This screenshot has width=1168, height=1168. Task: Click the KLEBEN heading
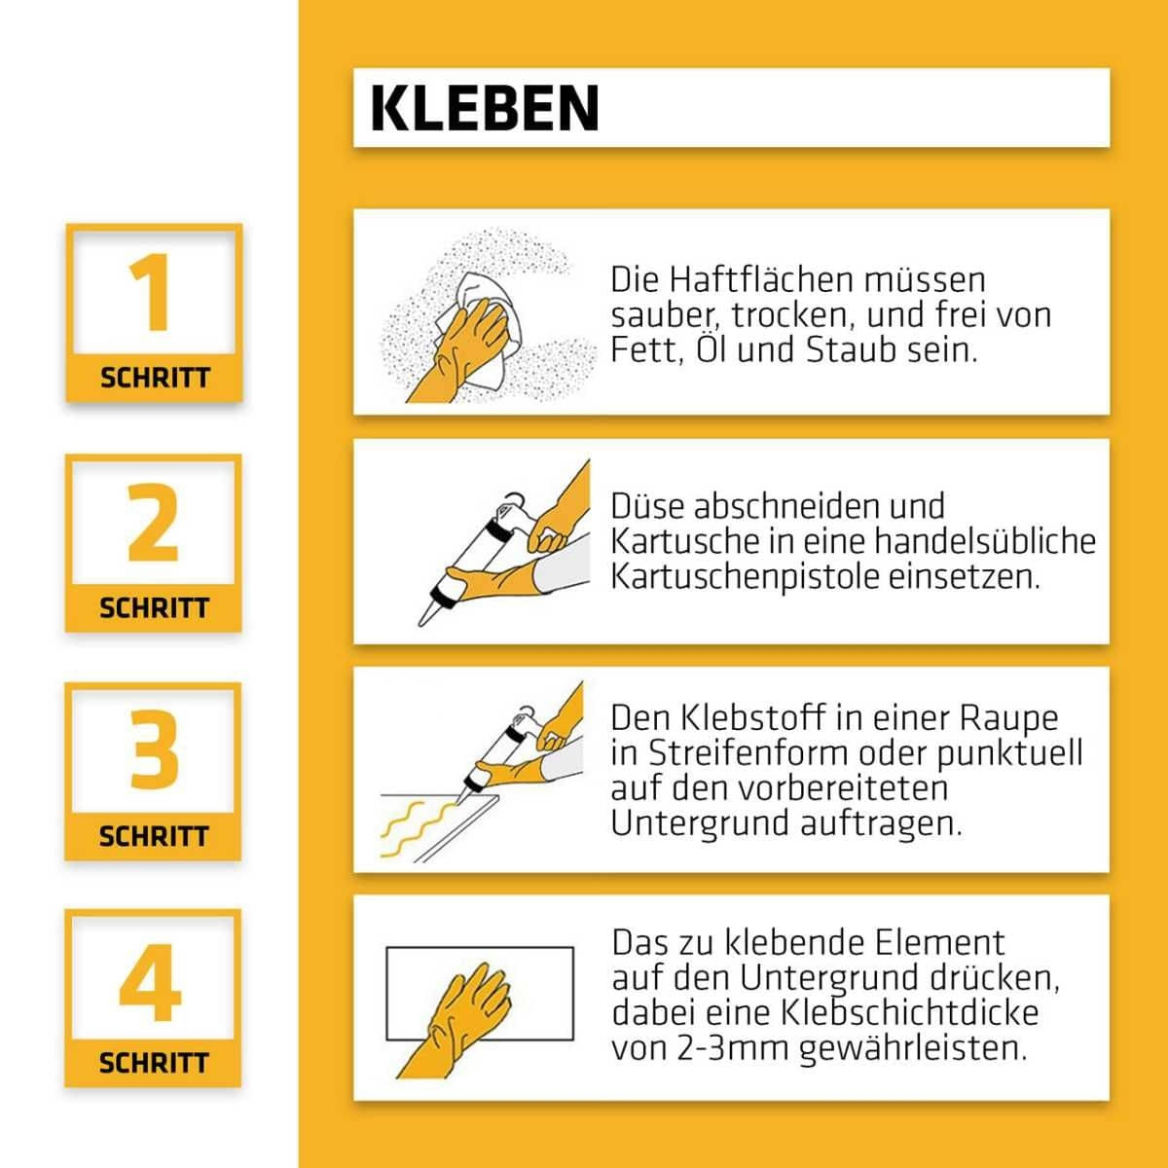(x=485, y=108)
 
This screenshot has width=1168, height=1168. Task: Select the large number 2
(x=154, y=523)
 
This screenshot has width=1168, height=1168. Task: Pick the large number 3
(x=154, y=750)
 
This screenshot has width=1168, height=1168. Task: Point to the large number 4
(x=151, y=980)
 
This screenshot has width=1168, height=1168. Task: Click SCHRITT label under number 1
(x=155, y=378)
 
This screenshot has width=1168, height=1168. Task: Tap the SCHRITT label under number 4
(x=154, y=1063)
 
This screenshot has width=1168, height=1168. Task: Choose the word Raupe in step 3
(x=1009, y=718)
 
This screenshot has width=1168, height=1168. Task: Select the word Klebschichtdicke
(x=909, y=1012)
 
